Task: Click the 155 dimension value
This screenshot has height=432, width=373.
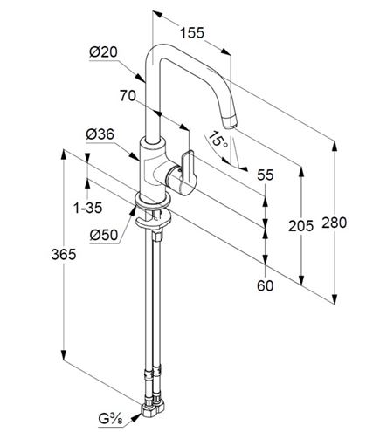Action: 192,33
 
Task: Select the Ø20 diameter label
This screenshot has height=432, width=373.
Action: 103,52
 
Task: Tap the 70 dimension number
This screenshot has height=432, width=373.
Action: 128,96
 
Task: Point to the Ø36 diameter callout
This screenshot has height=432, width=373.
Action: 100,134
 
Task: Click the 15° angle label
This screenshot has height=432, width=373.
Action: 218,139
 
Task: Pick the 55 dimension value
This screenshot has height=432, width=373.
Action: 266,175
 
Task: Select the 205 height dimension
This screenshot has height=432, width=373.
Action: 301,226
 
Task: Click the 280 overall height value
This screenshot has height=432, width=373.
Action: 335,223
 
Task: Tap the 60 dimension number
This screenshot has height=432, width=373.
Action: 266,285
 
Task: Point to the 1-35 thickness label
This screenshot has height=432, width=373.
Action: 88,208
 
